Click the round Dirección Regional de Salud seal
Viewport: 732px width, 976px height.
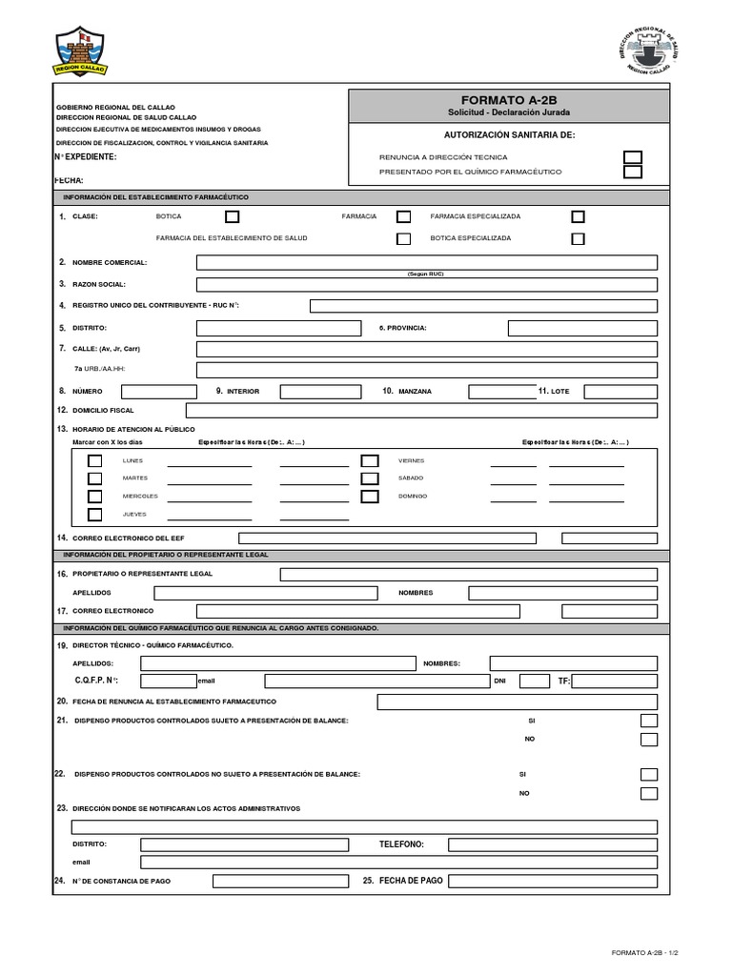click(652, 51)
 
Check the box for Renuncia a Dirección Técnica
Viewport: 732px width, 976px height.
click(632, 157)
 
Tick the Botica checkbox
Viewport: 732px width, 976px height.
click(232, 216)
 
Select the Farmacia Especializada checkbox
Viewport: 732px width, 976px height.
click(578, 216)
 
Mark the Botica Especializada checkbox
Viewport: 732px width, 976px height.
click(578, 238)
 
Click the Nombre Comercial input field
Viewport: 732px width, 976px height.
click(426, 262)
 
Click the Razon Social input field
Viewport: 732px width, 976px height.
click(426, 284)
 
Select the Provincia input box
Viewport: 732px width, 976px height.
click(582, 328)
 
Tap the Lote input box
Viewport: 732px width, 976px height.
click(620, 392)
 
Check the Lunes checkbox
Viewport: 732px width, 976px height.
click(95, 460)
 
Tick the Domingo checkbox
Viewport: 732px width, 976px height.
click(370, 497)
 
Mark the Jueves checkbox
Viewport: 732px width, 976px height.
click(95, 515)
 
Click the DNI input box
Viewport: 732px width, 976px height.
click(535, 681)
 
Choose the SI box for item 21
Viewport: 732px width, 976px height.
click(649, 721)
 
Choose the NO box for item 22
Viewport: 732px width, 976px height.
click(649, 793)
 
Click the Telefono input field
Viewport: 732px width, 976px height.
click(553, 844)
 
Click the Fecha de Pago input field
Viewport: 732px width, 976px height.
click(553, 882)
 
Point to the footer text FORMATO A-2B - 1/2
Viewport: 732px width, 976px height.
click(644, 952)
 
